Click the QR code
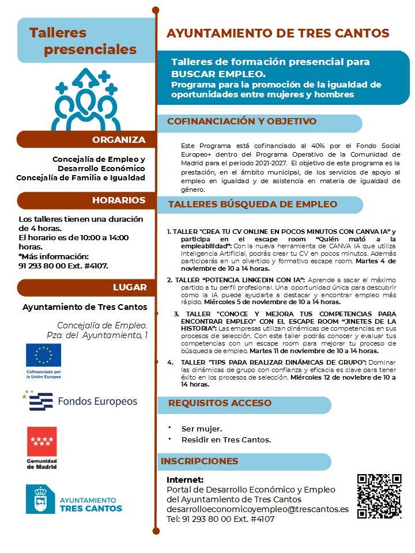(379, 495)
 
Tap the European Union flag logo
(43, 355)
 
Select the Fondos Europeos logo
(81, 401)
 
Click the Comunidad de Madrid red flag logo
(42, 442)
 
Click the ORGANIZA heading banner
(119, 140)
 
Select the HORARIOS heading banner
(118, 200)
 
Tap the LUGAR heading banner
(130, 287)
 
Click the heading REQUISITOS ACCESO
(220, 403)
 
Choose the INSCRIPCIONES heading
(199, 461)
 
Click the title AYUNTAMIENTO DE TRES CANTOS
(278, 33)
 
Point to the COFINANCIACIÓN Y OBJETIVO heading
(242, 122)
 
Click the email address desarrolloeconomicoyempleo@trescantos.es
(258, 509)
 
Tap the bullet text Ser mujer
(202, 429)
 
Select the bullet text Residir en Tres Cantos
(226, 440)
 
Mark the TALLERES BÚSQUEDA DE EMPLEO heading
(252, 204)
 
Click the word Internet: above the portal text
(185, 479)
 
